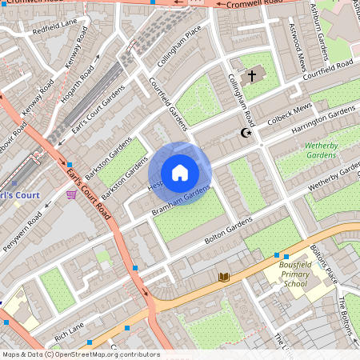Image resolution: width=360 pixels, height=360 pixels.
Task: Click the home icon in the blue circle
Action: point(180,173)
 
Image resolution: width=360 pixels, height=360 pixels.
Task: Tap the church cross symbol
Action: point(252,76)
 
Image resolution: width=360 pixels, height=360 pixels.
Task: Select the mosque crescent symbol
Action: point(245,134)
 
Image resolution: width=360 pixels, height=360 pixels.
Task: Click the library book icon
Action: point(225,277)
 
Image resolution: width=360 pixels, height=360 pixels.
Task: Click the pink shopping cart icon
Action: point(72,194)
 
